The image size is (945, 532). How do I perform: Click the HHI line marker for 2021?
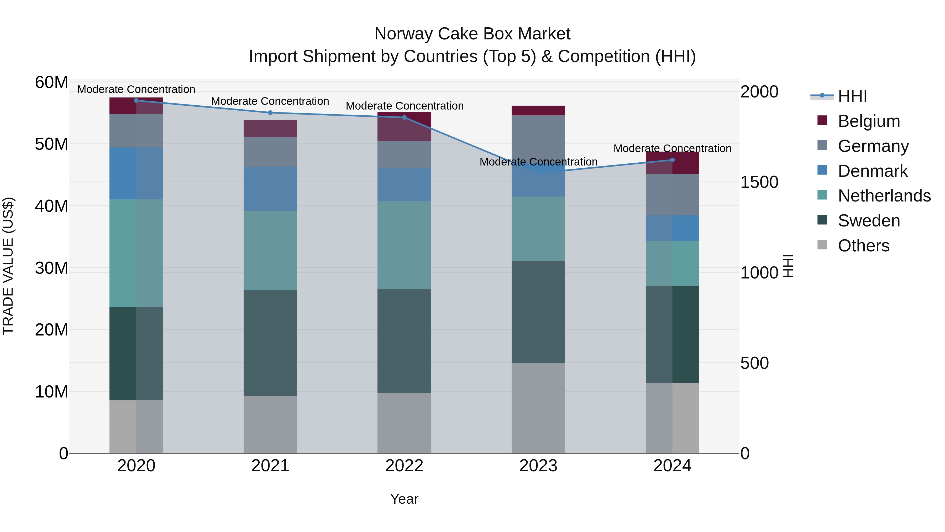[270, 113]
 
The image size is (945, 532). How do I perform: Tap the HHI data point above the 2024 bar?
[673, 160]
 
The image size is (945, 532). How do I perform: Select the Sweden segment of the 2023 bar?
[538, 312]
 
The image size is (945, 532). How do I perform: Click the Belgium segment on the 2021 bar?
[270, 128]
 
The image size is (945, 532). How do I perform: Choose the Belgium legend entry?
[869, 121]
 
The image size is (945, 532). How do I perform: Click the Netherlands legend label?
[884, 196]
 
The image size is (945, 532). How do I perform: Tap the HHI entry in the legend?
[852, 96]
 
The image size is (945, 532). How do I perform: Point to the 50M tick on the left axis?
[51, 144]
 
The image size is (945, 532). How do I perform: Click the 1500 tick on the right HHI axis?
[759, 182]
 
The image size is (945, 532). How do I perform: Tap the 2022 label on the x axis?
[404, 466]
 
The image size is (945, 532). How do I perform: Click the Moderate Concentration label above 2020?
[136, 89]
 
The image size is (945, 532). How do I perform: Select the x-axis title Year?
[404, 499]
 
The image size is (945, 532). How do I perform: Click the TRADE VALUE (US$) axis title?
[8, 266]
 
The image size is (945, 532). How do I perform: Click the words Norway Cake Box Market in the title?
[472, 34]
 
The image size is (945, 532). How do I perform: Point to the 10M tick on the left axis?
[51, 392]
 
